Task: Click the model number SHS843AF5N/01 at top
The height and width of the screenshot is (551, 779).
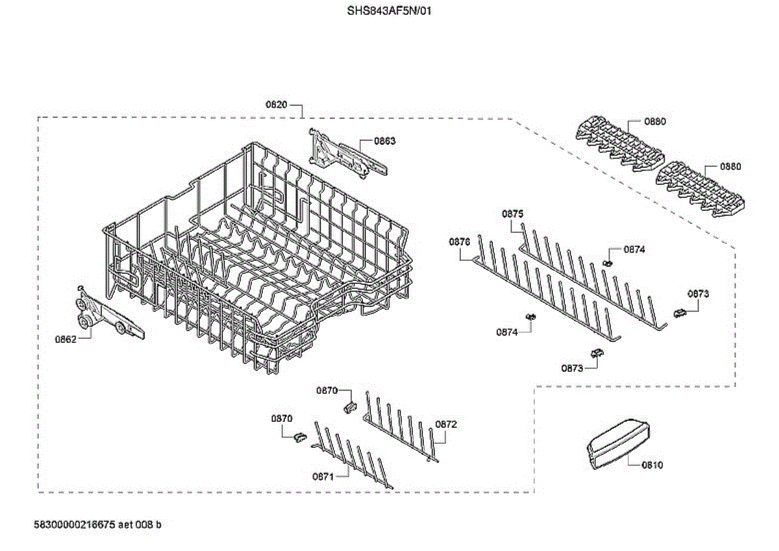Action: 389,11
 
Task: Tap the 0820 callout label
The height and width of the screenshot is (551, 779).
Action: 276,104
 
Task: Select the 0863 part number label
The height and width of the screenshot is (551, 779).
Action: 385,141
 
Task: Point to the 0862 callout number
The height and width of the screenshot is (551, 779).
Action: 66,338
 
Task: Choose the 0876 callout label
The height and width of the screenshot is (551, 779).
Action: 459,241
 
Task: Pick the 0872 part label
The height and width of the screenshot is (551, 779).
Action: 446,424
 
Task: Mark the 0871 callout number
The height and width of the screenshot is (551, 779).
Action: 323,476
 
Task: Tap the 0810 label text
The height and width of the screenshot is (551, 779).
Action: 652,465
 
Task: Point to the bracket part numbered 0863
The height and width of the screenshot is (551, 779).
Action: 347,154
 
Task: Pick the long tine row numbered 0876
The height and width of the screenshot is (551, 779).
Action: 545,292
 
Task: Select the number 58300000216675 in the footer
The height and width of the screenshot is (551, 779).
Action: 74,524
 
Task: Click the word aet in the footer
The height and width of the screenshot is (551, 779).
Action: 127,524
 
